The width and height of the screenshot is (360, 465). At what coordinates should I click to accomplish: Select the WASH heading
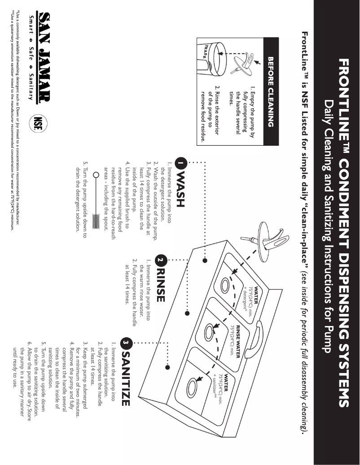180,188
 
